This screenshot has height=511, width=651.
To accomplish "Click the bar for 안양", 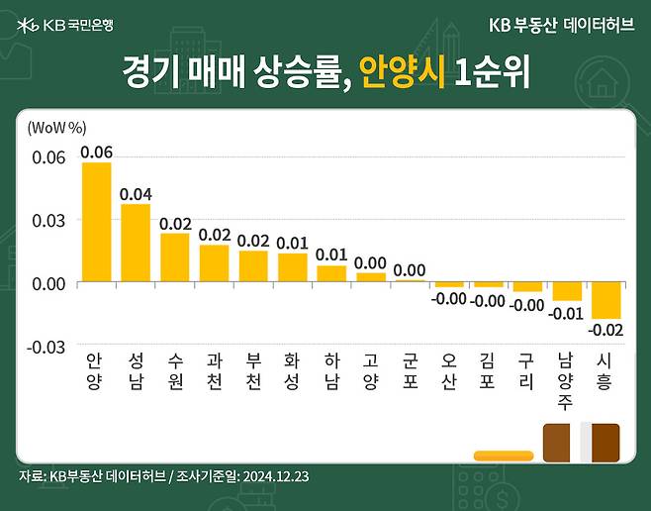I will point(96,222).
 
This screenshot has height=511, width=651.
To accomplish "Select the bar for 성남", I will point(136,243).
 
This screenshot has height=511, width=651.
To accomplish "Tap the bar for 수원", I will point(174,257).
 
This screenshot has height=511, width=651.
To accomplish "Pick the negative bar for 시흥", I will point(606,300).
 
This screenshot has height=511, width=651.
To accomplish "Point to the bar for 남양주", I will point(567,291).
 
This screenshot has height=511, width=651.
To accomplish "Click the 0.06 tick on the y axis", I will point(48,156).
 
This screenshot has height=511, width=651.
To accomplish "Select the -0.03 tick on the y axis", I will point(46,346).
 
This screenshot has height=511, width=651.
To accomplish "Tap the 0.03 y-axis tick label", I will point(48,219).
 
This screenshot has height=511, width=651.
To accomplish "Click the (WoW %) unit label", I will point(57,128).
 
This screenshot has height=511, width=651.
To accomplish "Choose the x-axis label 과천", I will point(214,369).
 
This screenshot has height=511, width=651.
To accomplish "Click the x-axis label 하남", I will point(331,369).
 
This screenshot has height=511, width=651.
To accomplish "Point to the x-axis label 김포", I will point(488,369).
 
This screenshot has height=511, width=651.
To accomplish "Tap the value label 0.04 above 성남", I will point(136,194).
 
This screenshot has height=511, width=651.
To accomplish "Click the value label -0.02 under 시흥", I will point(605,329).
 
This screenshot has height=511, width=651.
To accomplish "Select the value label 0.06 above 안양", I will point(96,152).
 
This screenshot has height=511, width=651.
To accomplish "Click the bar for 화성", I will point(292,267).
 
